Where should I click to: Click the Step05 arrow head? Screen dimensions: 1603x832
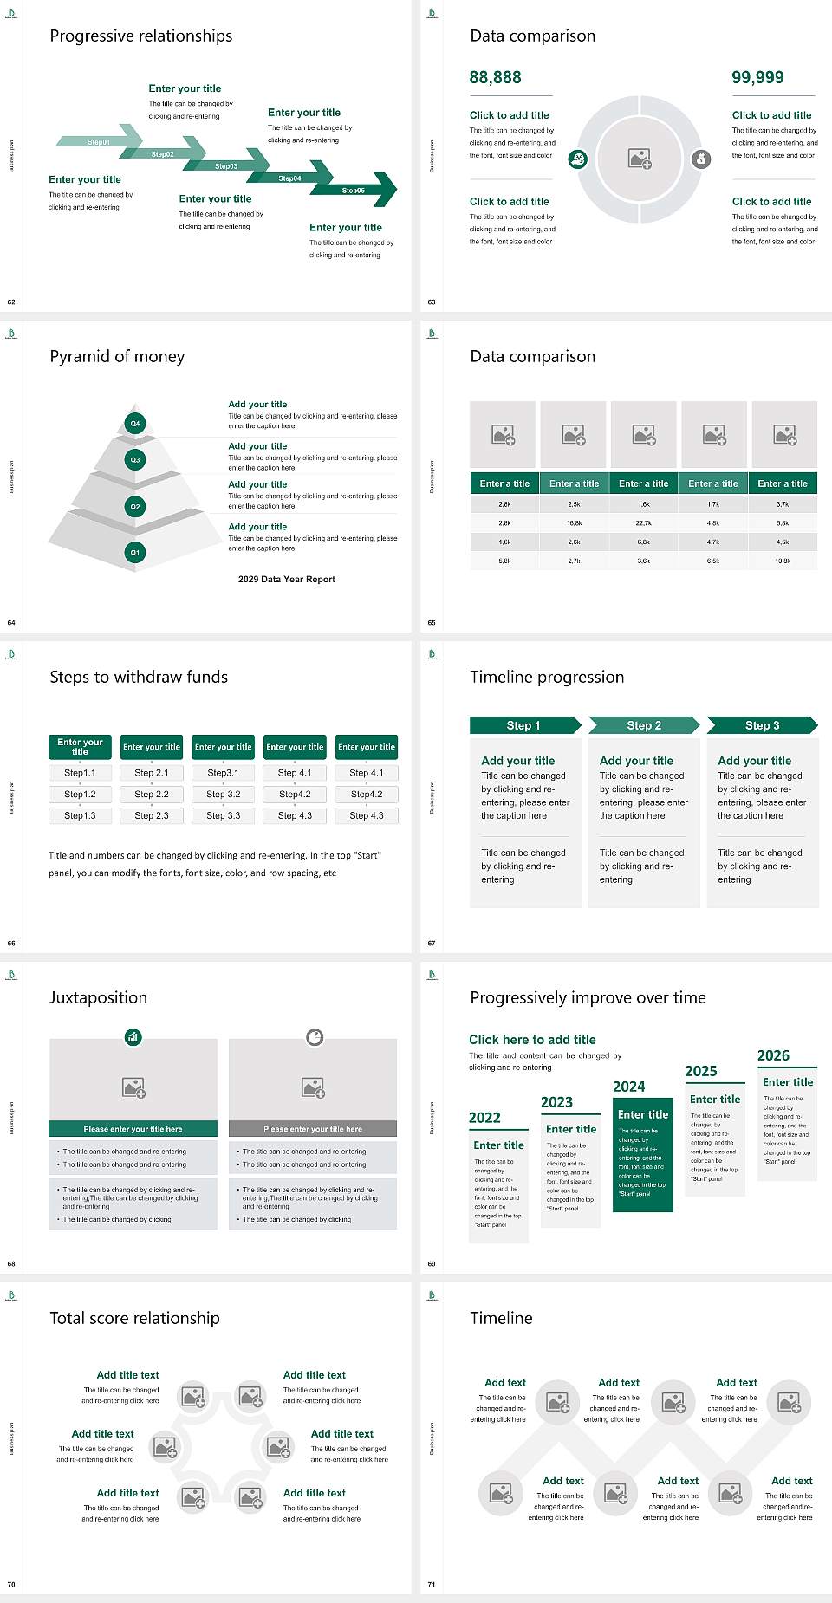(x=381, y=190)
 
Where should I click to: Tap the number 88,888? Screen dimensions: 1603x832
(x=495, y=77)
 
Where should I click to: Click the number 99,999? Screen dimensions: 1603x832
(x=757, y=77)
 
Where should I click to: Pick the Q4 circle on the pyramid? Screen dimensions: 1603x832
(x=135, y=424)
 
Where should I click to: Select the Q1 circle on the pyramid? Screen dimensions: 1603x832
(x=135, y=552)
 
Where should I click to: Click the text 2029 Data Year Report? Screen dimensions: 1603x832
(x=287, y=579)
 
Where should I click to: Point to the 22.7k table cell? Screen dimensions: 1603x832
(x=643, y=523)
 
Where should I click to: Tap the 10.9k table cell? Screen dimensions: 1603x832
(x=783, y=561)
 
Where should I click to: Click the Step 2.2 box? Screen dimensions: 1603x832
(x=152, y=794)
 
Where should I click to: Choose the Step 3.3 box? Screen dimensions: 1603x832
(x=223, y=815)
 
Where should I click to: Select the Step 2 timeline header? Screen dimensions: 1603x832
(x=644, y=725)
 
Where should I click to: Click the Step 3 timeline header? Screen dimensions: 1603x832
(x=762, y=725)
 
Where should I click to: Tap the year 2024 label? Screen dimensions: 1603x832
(x=629, y=1087)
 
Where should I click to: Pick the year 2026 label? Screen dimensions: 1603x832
(x=773, y=1055)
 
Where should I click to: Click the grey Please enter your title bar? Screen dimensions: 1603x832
(x=313, y=1129)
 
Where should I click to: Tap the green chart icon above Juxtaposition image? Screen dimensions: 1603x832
(x=133, y=1036)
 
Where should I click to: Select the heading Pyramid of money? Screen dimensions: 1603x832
(x=117, y=356)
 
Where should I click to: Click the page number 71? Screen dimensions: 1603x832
(x=432, y=1584)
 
